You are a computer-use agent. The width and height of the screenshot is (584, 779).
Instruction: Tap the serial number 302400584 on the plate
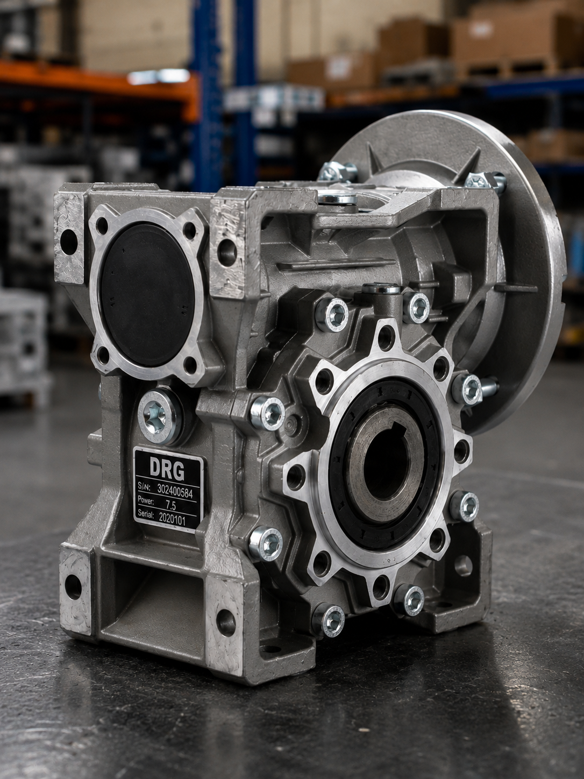[175, 492]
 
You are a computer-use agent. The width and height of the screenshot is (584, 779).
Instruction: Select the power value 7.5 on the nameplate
[170, 505]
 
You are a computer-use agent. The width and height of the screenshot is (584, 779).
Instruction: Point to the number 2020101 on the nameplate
[172, 519]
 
